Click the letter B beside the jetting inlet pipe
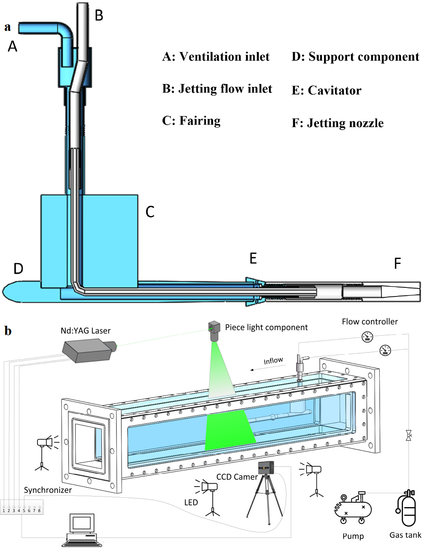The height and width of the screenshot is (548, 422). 99,16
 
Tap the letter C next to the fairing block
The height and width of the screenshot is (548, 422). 150,212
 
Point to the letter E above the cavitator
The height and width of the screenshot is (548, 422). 253,259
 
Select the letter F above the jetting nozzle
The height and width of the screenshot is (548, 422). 397,263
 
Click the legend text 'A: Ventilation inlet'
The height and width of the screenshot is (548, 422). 216,57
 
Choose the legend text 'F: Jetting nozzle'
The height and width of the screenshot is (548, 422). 338,123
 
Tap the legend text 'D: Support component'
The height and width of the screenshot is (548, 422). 355,57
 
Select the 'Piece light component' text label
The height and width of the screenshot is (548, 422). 266,327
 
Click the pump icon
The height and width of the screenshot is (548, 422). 353,508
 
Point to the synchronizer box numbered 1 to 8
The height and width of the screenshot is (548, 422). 22,507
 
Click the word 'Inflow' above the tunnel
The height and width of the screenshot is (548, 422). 273,361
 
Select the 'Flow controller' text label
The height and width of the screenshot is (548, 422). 370,322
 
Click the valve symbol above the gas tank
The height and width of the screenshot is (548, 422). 408,435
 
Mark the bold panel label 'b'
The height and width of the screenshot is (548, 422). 8,331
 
